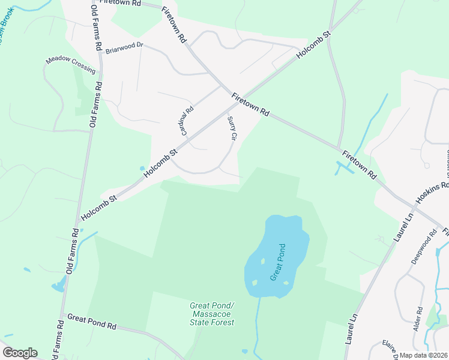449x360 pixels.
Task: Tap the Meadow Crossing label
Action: click(x=71, y=65)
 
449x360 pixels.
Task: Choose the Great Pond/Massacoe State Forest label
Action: click(x=211, y=314)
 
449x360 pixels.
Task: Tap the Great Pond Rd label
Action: click(x=91, y=321)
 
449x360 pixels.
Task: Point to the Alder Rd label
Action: click(x=419, y=319)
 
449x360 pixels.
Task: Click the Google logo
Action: click(x=20, y=353)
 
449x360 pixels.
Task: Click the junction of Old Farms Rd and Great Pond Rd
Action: click(x=62, y=316)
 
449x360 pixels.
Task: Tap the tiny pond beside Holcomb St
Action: click(x=142, y=169)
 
